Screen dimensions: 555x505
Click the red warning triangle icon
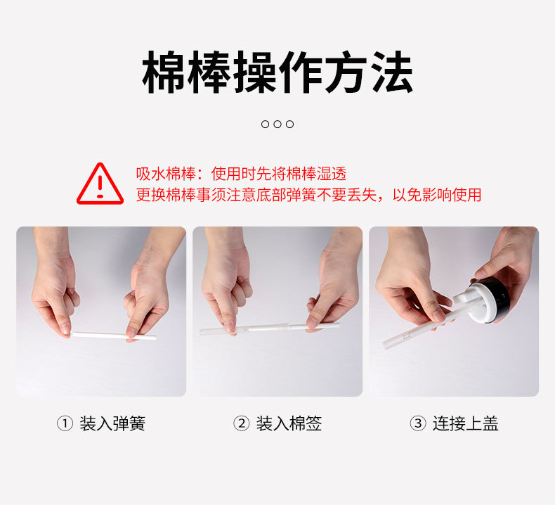[100, 184]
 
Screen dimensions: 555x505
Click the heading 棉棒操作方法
[277, 72]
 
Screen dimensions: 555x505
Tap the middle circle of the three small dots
[277, 124]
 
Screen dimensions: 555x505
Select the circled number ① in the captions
[65, 423]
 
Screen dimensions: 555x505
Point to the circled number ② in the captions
[242, 423]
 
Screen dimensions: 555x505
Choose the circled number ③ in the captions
[418, 423]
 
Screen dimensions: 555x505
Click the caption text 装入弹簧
[112, 423]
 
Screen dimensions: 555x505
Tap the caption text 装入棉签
[289, 423]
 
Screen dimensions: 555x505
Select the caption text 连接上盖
[466, 423]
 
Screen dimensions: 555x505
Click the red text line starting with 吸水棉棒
[242, 174]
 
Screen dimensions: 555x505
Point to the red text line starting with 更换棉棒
[308, 195]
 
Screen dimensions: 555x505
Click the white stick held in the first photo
[113, 335]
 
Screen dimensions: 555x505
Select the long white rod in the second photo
[270, 328]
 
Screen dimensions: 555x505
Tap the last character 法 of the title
[391, 72]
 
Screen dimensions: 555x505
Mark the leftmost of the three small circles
[265, 124]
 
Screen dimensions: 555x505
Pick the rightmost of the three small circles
[290, 124]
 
